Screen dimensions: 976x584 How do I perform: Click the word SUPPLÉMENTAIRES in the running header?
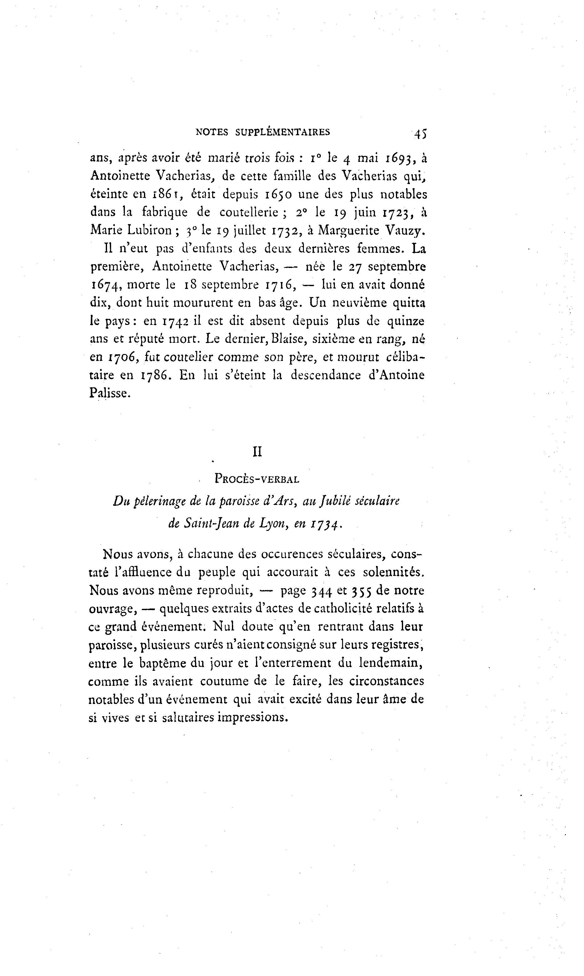283,132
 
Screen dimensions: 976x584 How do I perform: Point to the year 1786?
156,375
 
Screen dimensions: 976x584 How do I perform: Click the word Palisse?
109,393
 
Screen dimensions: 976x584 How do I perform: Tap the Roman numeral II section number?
257,452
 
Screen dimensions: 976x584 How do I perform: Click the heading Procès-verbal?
257,479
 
